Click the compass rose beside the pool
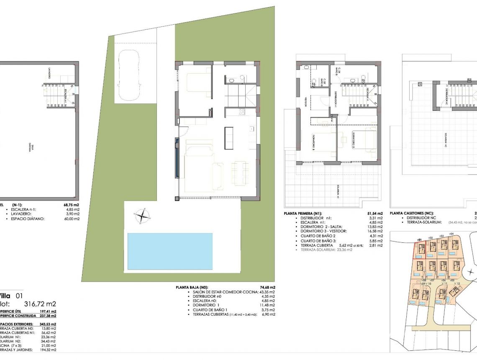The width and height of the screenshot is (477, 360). (143, 216)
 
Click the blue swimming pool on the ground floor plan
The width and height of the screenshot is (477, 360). (169, 251)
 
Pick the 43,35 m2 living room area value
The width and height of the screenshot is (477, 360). (267, 292)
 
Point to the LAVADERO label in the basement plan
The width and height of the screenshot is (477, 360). (49, 74)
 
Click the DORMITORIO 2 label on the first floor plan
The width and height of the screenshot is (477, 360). (352, 141)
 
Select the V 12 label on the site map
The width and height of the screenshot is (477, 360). (456, 283)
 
